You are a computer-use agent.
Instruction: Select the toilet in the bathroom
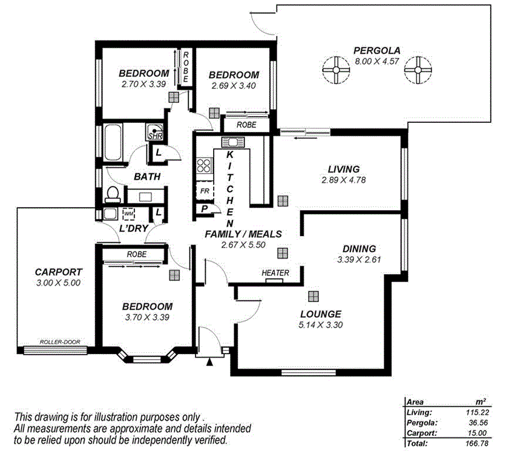point(111,194)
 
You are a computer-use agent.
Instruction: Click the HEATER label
point(275,273)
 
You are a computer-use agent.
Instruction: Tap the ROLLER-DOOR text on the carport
point(59,342)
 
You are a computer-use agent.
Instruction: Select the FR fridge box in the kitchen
point(205,191)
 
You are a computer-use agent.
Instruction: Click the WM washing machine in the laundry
point(128,214)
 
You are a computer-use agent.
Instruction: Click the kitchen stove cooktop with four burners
point(205,166)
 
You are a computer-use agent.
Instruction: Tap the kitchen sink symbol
point(232,143)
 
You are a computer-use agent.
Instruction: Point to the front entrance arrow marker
point(210,362)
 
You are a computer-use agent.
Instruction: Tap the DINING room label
point(359,248)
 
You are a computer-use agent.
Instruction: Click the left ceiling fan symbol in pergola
point(333,70)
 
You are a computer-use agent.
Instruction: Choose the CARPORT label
point(58,272)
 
